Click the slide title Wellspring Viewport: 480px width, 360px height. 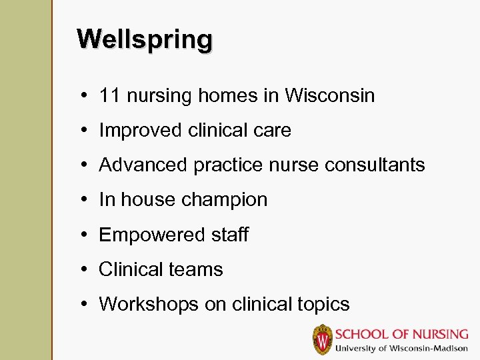click(145, 39)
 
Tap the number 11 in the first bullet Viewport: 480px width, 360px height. click(109, 96)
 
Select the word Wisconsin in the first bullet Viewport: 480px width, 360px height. click(330, 96)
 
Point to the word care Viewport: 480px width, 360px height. click(272, 131)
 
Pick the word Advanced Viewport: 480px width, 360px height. click(143, 165)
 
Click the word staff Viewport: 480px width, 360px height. click(228, 235)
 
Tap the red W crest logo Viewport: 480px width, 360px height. click(323, 339)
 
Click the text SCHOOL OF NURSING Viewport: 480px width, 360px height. click(401, 334)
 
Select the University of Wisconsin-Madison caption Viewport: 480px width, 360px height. click(401, 348)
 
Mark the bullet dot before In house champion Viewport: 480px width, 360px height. click(88, 200)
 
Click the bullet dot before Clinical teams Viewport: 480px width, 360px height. click(88, 269)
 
